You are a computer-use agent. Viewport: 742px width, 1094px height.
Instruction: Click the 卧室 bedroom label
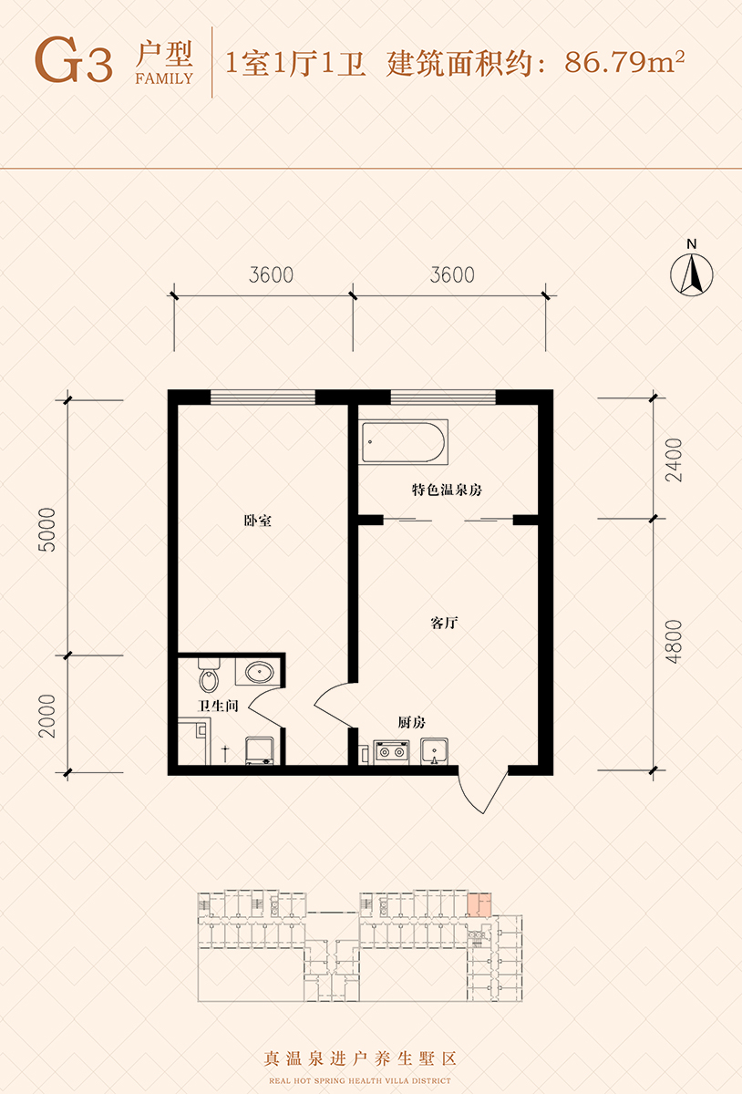(257, 521)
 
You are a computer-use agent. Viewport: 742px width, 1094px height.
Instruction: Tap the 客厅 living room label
(444, 623)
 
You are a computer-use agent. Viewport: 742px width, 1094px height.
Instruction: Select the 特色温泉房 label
(447, 490)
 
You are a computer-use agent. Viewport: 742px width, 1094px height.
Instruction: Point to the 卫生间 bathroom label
(218, 706)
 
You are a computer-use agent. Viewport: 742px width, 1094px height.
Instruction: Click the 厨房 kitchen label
(411, 722)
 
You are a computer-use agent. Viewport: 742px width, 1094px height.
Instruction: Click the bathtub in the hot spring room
(405, 442)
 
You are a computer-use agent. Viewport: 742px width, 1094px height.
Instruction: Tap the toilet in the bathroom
(209, 675)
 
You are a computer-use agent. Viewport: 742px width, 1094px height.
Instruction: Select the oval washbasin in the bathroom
(260, 672)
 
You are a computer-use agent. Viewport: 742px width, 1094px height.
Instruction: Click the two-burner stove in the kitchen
(391, 751)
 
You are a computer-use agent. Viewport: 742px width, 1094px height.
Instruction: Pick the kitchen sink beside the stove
(434, 751)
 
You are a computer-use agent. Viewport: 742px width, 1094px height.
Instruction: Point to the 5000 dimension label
(47, 530)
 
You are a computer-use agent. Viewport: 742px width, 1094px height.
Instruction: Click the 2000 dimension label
(47, 716)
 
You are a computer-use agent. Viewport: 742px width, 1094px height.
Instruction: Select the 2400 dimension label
(674, 460)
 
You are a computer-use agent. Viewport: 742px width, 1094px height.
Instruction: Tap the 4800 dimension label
(674, 642)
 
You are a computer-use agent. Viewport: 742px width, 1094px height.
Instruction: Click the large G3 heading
(74, 60)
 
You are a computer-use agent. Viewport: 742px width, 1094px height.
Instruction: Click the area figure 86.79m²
(624, 62)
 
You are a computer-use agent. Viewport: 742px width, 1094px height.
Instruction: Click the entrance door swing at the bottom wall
(482, 792)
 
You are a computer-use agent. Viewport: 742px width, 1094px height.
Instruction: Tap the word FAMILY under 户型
(164, 78)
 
